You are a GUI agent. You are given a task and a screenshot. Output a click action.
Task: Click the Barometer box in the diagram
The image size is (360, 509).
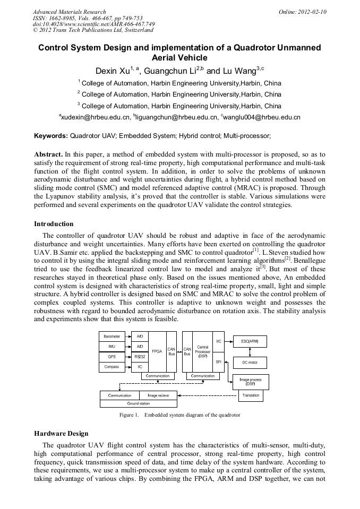[x=112, y=337]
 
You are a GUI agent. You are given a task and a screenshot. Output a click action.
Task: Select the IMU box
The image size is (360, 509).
[x=112, y=347]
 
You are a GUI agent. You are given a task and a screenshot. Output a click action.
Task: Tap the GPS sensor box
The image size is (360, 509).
[x=112, y=357]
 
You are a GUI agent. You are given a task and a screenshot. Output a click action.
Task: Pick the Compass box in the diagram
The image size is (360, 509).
[x=112, y=367]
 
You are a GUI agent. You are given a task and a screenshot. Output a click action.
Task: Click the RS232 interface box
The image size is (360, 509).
[x=140, y=357]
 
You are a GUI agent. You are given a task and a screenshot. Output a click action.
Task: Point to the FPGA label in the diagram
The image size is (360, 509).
[x=157, y=351]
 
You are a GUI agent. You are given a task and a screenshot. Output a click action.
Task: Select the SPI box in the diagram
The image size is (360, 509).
[x=219, y=361]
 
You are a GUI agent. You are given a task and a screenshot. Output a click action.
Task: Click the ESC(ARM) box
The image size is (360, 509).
[x=250, y=341]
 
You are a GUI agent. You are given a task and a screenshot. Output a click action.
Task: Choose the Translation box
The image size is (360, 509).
[x=251, y=395]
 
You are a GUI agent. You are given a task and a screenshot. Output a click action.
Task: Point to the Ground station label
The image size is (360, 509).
[x=139, y=403]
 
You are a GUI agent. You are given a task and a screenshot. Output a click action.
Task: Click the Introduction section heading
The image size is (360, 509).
[x=54, y=224]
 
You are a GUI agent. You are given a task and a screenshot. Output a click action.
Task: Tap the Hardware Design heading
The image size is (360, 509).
[x=61, y=434]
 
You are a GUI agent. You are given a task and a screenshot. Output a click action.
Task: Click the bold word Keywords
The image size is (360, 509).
[x=51, y=136]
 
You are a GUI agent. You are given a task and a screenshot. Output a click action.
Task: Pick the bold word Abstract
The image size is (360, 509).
[x=49, y=154]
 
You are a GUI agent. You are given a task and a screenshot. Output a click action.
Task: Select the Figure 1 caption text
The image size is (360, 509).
[x=180, y=415]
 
